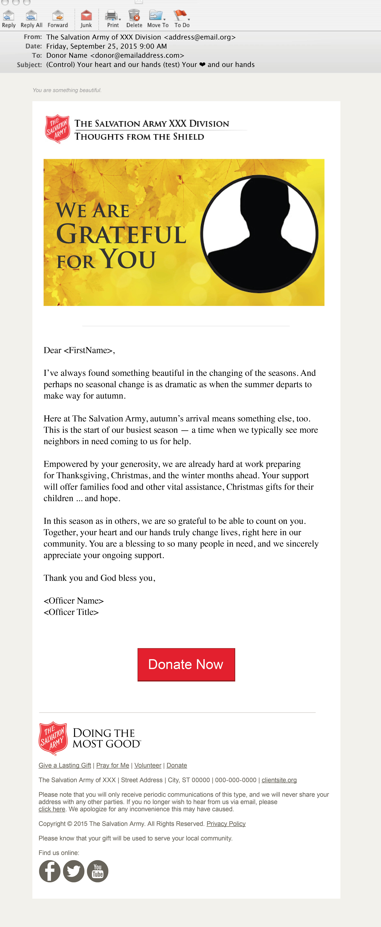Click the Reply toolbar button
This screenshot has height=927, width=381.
coord(9,19)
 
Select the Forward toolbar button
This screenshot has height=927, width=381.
coord(58,19)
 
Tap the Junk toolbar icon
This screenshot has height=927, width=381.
coord(86,19)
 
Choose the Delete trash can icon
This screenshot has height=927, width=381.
coord(134,19)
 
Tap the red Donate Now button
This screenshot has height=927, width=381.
coord(186,664)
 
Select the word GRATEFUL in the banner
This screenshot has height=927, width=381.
coord(121,235)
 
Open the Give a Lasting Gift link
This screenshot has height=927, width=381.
coord(65,765)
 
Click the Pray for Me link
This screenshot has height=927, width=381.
coord(113,765)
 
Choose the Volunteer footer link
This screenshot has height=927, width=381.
coord(147,765)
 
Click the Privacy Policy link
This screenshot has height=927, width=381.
coord(226,824)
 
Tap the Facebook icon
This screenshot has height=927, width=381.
coord(50,871)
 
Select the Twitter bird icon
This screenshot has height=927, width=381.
coord(74,871)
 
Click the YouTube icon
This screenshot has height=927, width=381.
coord(98,871)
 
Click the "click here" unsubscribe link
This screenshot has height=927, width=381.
coord(52,809)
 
